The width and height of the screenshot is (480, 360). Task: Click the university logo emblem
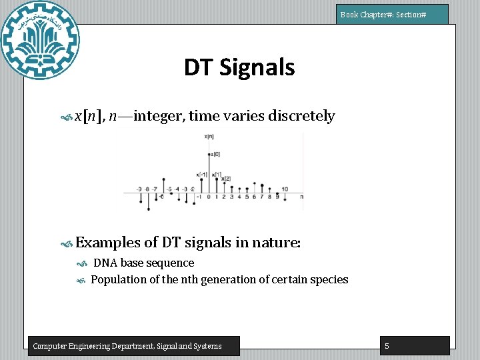[41, 41]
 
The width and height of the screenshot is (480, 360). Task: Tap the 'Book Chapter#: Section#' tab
[392, 14]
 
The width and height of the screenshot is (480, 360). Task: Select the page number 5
[387, 345]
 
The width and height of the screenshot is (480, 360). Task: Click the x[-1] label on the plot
[202, 175]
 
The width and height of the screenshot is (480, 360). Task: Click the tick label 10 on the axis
[285, 189]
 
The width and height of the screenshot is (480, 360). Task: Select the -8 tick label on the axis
[147, 189]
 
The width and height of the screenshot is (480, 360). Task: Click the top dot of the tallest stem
[209, 155]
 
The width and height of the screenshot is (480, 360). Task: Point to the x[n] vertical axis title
[209, 137]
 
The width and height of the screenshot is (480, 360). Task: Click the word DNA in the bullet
[105, 263]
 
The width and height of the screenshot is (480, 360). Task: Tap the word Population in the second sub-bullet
[117, 279]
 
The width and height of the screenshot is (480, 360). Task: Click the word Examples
[107, 243]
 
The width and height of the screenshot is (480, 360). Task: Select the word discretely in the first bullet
[301, 116]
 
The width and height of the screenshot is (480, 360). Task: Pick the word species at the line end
[329, 279]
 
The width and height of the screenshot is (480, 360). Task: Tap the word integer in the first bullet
[159, 116]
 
